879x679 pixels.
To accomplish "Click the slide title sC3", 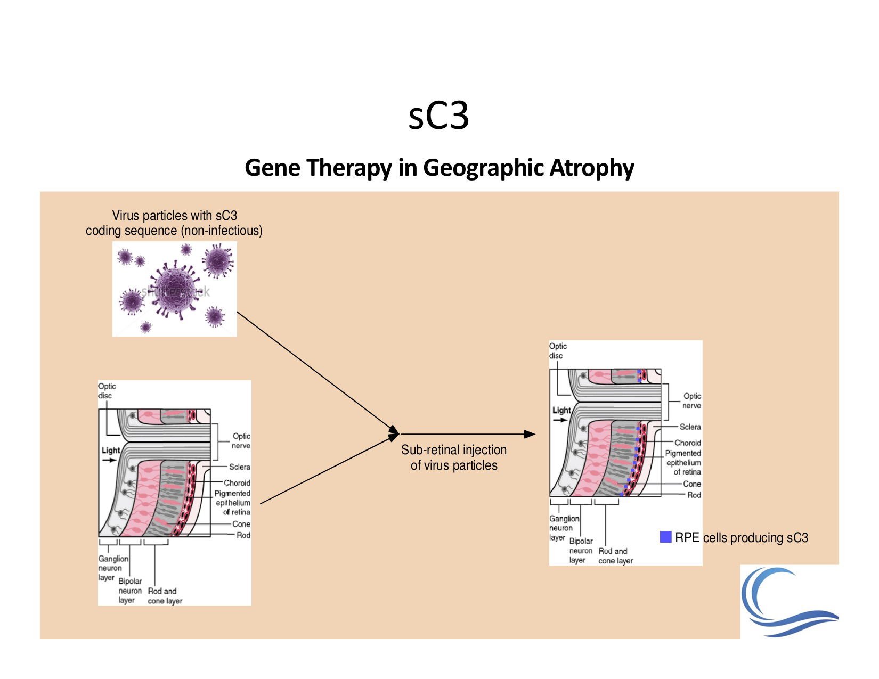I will [x=438, y=116].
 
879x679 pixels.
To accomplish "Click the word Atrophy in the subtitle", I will [x=591, y=168].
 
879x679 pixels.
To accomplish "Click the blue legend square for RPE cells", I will [x=665, y=537].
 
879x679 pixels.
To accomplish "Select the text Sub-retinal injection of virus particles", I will [x=454, y=457].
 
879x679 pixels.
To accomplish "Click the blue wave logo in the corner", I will [x=788, y=602].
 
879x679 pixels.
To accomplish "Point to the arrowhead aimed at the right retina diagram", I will [x=530, y=434].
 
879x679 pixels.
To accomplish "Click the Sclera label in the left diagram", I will [x=239, y=467].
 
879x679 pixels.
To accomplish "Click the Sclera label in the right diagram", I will [x=690, y=427].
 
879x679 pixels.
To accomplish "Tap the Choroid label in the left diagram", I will [x=237, y=483].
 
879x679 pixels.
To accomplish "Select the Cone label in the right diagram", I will [x=692, y=484].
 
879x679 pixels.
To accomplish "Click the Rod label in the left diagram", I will [x=243, y=535].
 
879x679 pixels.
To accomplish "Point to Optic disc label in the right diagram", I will [x=557, y=351].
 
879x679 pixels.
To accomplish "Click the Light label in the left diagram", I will [x=111, y=451].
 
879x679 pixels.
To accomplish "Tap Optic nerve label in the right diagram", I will [x=691, y=401].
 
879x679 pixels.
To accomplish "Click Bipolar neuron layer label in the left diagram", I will [x=129, y=591].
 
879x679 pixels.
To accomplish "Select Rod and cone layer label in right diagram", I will [x=615, y=556].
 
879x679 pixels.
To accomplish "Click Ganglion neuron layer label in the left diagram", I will [x=112, y=568].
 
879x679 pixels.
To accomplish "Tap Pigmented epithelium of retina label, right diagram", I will [x=683, y=462].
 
